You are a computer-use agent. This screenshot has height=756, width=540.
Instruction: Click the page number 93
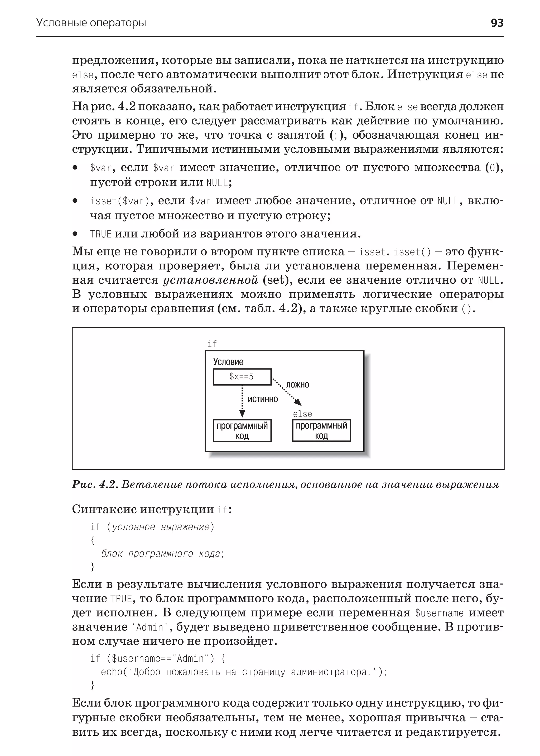497,23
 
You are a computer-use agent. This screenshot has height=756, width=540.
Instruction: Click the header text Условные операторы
91,23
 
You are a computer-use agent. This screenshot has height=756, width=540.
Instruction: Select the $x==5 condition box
242,377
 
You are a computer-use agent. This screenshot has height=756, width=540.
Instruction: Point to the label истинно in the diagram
263,399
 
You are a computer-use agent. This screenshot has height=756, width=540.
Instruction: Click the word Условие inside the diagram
228,362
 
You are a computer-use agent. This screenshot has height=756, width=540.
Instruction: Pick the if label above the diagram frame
212,344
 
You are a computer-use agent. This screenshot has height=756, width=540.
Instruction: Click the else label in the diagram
302,414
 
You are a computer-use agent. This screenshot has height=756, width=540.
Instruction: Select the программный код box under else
321,430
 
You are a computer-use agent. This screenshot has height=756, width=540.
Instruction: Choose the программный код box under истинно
242,430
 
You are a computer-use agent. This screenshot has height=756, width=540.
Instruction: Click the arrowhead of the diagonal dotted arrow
298,402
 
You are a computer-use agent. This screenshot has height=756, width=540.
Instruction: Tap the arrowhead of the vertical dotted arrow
242,413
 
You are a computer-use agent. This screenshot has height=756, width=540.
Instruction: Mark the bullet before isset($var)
75,201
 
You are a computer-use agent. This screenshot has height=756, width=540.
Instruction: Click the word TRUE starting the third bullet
101,234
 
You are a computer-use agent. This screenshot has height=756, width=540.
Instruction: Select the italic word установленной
210,280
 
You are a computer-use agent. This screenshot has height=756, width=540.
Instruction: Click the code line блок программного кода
162,554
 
